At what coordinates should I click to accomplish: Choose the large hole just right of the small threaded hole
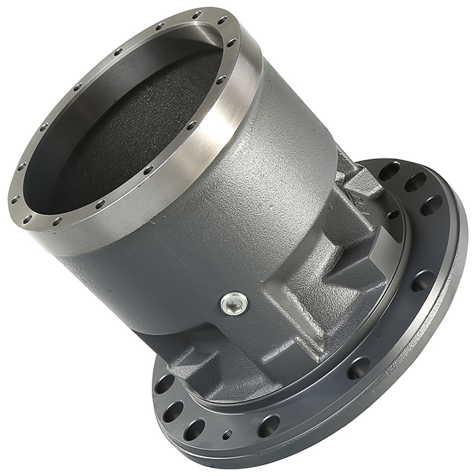tap(268, 426)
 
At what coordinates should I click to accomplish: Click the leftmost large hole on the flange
tap(164, 385)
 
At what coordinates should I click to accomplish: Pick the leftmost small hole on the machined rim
tap(16, 199)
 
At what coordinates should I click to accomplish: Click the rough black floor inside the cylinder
tap(141, 126)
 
